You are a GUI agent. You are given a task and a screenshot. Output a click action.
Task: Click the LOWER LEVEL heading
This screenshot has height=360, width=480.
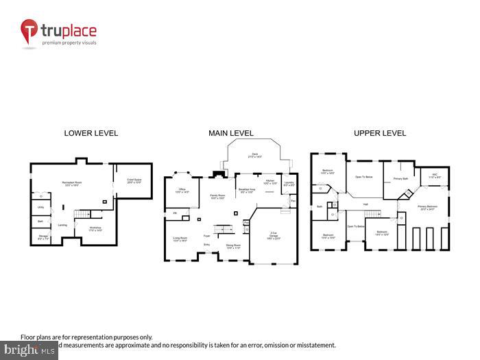(x=91, y=133)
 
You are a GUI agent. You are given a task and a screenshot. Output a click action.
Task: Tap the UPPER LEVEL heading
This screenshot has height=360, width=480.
(x=379, y=133)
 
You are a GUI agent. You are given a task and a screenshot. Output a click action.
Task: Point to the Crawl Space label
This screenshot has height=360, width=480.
(x=134, y=180)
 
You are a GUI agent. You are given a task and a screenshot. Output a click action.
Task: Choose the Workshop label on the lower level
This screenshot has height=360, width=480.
(x=95, y=228)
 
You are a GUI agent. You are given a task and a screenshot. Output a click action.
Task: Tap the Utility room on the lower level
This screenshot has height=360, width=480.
(x=40, y=207)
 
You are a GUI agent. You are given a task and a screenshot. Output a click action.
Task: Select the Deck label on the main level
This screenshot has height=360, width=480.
(x=254, y=155)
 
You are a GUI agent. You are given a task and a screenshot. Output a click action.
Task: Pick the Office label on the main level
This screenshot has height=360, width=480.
(x=182, y=190)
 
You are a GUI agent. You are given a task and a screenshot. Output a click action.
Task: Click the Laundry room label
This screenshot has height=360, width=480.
(x=290, y=184)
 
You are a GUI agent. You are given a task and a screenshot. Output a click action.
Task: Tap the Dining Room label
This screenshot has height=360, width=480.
(x=233, y=245)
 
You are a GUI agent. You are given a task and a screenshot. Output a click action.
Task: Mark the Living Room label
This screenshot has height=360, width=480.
(x=180, y=239)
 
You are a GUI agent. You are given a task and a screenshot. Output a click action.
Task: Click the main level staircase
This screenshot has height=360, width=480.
(x=221, y=228)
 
